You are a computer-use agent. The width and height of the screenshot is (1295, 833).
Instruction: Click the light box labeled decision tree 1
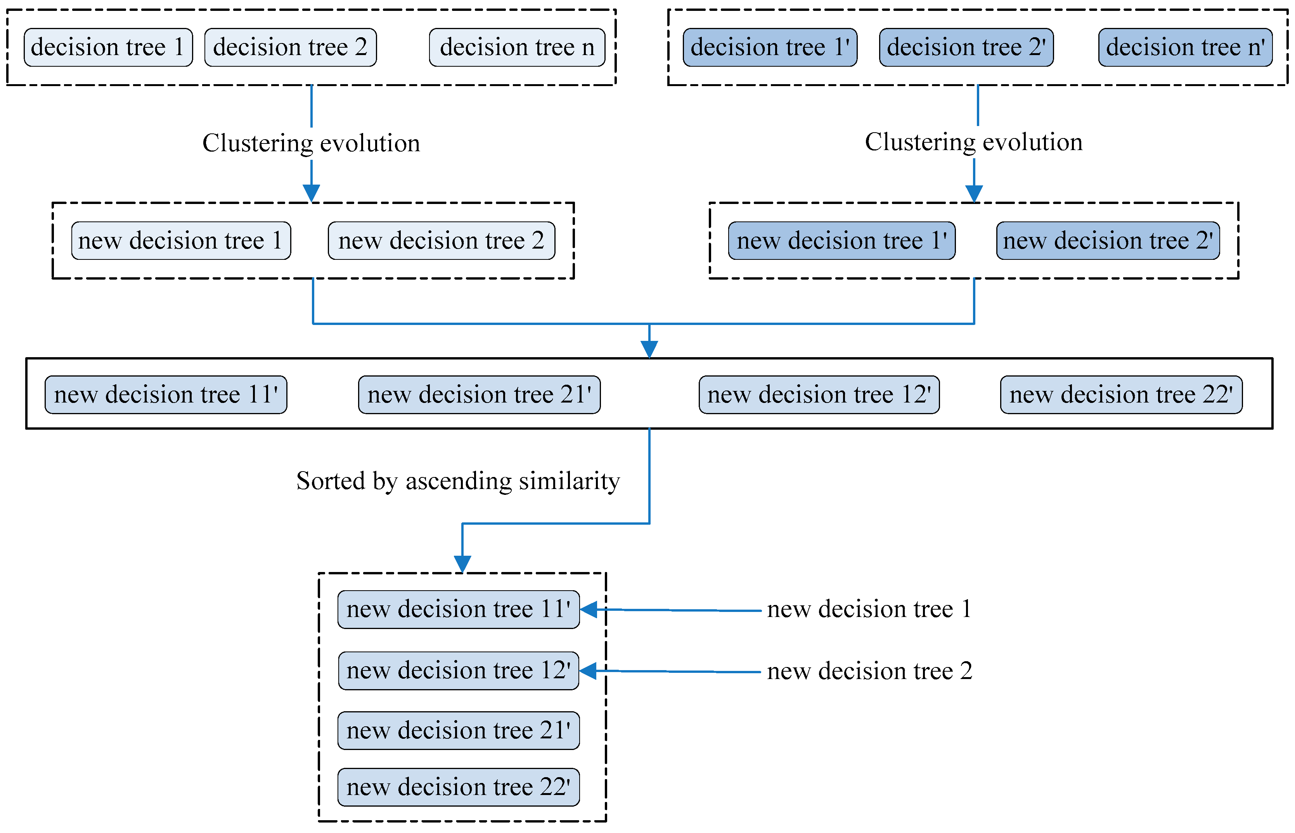pos(108,48)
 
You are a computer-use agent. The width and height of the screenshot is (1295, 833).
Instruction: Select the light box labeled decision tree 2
pos(290,48)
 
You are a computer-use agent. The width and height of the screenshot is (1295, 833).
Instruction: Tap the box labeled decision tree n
pos(516,48)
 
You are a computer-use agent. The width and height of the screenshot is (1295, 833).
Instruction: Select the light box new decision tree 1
pos(181,241)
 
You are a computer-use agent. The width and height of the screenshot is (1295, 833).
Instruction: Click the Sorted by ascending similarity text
pos(457,481)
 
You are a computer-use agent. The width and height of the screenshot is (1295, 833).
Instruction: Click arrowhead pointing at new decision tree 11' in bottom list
pos(589,610)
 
